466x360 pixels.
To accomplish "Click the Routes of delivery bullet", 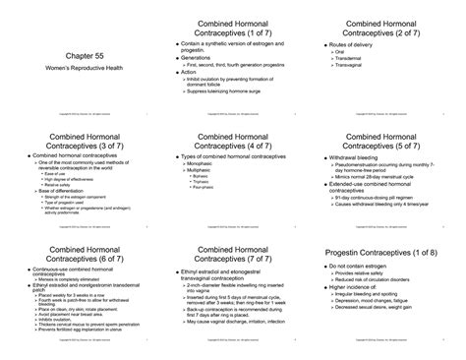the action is [x=364, y=46].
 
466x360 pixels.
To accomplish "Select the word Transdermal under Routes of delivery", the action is [x=361, y=63].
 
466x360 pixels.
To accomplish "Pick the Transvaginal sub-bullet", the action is [x=361, y=71].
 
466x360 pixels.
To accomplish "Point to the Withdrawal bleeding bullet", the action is [x=367, y=156].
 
